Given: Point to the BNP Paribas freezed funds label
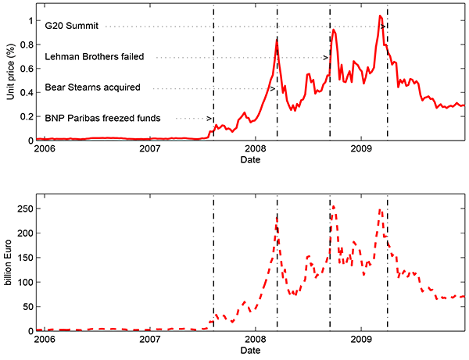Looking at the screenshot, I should pos(103,118).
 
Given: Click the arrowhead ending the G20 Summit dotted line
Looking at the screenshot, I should pos(384,27).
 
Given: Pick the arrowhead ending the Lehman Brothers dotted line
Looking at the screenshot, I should pos(326,57).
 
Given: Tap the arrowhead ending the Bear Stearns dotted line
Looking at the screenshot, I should pos(273,88).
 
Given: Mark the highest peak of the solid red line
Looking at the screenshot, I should pos(380,16).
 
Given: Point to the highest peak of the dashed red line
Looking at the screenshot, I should pos(334,207).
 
